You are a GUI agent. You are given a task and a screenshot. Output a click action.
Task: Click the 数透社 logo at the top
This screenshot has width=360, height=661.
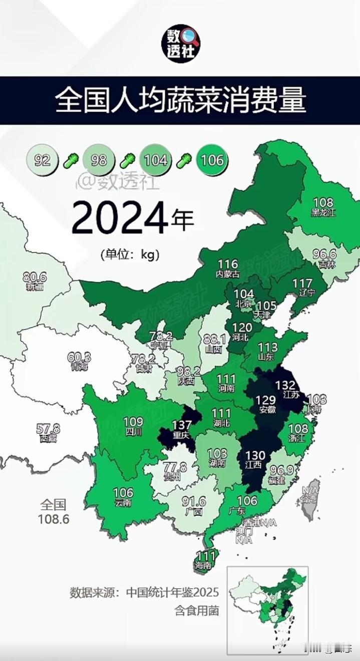pyautogui.click(x=180, y=44)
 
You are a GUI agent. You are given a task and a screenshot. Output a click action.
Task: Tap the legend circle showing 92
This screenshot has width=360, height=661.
pyautogui.click(x=43, y=160)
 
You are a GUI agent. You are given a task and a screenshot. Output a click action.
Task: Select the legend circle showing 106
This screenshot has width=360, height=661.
pyautogui.click(x=211, y=160)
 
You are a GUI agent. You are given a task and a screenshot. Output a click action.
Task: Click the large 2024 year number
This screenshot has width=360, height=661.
pyautogui.click(x=120, y=218)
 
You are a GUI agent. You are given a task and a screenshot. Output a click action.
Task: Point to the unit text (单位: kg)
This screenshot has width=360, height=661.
pyautogui.click(x=130, y=254)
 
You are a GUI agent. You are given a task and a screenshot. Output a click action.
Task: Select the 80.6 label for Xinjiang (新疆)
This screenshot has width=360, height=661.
pyautogui.click(x=35, y=276)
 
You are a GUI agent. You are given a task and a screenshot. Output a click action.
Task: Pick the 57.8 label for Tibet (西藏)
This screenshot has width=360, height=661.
pyautogui.click(x=48, y=429)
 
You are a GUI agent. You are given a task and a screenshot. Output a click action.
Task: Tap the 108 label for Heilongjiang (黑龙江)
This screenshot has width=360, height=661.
pyautogui.click(x=322, y=202)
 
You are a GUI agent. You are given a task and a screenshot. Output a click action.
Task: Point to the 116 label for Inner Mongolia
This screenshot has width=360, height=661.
pyautogui.click(x=227, y=264)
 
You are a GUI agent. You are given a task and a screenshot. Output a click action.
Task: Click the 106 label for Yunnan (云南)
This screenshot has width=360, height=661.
pyautogui.click(x=123, y=492)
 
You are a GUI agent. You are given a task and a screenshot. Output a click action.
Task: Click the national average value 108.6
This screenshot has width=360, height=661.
pyautogui.click(x=54, y=519)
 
